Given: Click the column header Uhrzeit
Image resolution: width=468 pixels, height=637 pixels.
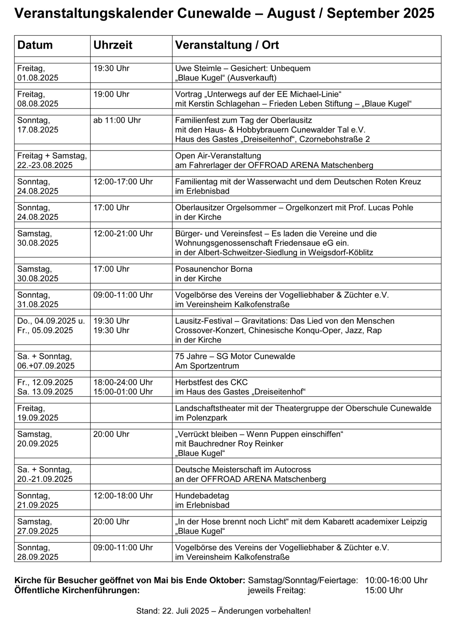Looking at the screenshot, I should point(113,45).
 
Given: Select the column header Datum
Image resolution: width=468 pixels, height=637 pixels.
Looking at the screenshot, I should point(35,45).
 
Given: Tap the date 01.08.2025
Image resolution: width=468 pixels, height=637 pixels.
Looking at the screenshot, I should point(38,78).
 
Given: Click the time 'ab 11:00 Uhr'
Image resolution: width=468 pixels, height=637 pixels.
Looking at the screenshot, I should point(117,120).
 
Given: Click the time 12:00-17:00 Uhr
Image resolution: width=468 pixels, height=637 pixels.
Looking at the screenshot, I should point(123,181).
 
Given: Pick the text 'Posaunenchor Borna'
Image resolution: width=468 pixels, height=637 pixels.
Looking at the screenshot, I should point(214,269).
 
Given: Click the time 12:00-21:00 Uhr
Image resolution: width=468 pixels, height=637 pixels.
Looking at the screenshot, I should point(123,234).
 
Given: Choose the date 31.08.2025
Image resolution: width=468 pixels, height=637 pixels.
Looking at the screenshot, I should point(38,304).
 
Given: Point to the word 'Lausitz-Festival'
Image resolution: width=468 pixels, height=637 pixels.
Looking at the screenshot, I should point(204,321).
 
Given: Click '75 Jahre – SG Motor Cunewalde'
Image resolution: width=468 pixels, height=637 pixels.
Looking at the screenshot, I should point(235,356).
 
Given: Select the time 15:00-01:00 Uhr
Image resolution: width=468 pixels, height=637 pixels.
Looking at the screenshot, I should point(123,391).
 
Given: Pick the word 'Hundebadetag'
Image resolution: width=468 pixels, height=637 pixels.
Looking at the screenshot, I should point(202,496).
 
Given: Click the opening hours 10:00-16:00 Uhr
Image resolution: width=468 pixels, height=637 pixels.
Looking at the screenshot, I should point(396,580).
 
